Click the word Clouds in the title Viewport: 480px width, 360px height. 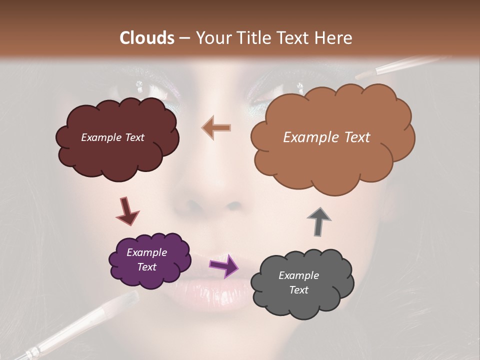147,38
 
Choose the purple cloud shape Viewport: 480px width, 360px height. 149,260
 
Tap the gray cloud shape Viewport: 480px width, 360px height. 301,283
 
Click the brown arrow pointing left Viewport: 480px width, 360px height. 216,128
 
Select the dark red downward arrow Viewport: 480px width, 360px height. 127,210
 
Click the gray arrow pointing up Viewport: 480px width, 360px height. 319,220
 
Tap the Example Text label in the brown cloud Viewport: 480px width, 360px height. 326,137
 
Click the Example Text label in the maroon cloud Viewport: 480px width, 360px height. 112,137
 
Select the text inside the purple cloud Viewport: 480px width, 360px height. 146,259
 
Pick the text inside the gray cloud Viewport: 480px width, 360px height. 298,282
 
